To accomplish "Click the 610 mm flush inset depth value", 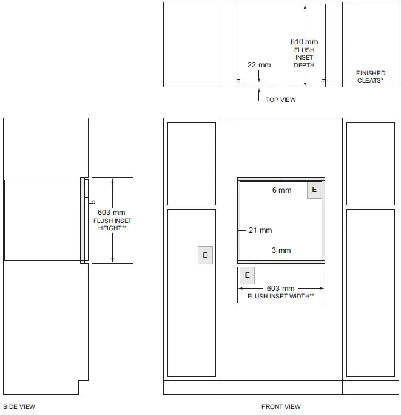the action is pos(304,42).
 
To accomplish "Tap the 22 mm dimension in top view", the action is pos(259,65).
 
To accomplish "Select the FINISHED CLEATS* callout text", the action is pos(370,77).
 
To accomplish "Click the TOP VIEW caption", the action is pos(280,100).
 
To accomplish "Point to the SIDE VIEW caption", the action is pos(19,406).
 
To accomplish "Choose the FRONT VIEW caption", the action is pos(281,406).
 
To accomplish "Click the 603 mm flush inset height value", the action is pos(111,213).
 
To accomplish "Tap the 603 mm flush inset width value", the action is pos(280,288).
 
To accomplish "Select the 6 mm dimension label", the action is pos(281,190).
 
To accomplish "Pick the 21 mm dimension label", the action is pos(260,230).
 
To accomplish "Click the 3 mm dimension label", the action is pos(281,250).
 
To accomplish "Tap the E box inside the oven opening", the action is pos(314,190).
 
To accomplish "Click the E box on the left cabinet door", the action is pos(205,255).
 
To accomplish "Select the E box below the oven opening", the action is pos(247,275).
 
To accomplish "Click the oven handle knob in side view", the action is pos(92,202).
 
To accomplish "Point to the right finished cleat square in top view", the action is pos(323,81).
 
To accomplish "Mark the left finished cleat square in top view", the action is pos(238,81).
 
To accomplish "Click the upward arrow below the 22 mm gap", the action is pos(259,95).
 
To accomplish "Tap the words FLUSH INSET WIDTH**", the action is pos(281,296).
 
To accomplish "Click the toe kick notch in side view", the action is pos(83,388).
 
